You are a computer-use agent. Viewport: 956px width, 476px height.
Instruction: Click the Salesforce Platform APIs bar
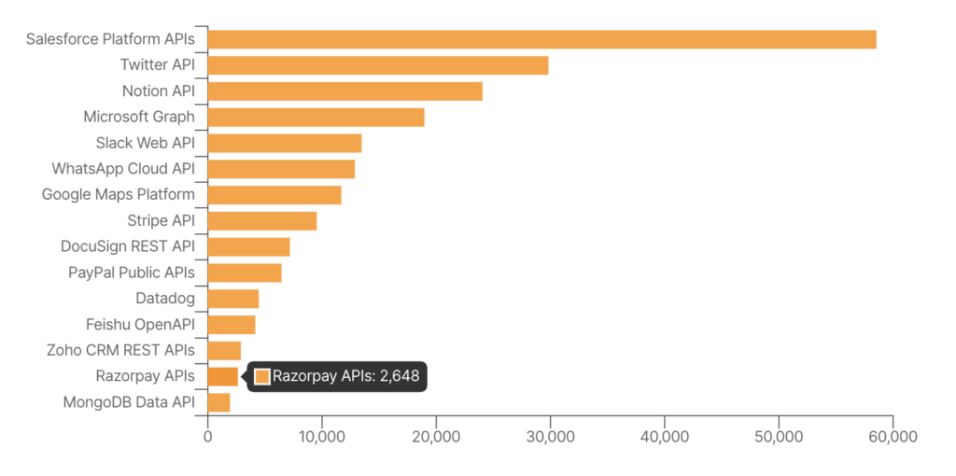[x=541, y=39]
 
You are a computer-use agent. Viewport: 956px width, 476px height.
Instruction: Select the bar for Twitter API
[x=378, y=65]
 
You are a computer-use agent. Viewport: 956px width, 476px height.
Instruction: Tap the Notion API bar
[x=345, y=91]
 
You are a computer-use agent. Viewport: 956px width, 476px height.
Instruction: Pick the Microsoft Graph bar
[x=316, y=117]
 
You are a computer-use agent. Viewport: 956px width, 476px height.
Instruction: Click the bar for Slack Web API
[x=285, y=143]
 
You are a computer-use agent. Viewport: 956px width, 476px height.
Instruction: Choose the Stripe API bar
[x=262, y=220]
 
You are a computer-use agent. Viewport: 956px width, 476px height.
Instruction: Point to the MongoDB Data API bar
[x=219, y=402]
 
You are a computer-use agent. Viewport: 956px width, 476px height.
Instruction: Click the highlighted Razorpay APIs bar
[x=223, y=376]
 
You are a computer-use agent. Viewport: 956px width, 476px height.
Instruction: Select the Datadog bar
[x=233, y=299]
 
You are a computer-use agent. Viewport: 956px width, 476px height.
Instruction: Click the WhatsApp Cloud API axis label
[x=123, y=169]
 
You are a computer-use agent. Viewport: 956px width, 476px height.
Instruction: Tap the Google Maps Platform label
[x=119, y=194]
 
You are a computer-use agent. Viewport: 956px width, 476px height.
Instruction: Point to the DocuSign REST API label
[x=128, y=246]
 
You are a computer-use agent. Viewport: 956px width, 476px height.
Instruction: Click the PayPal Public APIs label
[x=132, y=273]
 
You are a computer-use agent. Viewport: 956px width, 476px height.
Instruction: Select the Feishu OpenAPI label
[x=140, y=325]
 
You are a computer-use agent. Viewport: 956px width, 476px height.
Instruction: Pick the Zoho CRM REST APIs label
[x=120, y=350]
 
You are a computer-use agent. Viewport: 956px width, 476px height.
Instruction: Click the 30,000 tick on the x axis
[x=550, y=436]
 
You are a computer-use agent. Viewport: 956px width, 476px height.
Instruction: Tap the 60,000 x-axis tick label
[x=893, y=436]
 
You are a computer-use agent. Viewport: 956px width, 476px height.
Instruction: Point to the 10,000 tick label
[x=321, y=436]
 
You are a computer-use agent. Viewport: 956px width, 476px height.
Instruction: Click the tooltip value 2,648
[x=400, y=376]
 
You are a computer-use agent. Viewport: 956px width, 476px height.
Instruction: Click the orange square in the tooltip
[x=262, y=376]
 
